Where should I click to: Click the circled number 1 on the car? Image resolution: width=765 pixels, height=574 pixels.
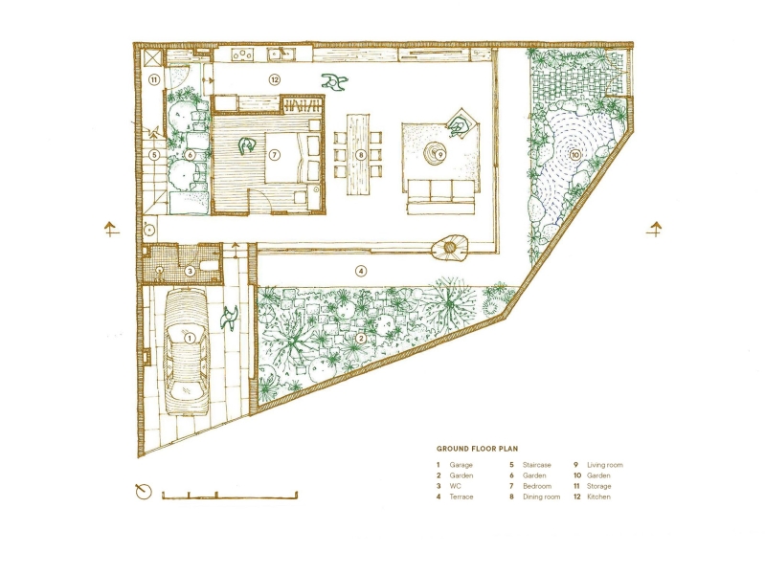pos(190,337)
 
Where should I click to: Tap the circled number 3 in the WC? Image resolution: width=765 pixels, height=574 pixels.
pos(190,272)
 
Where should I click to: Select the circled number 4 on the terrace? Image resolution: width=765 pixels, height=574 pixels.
pos(361,271)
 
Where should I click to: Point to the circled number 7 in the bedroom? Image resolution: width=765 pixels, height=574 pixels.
pos(274,154)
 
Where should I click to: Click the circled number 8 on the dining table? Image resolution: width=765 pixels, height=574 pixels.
pos(361,154)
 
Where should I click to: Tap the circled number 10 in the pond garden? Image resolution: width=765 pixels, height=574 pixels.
pos(575,153)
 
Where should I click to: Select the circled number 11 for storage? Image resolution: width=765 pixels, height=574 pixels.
pos(153,80)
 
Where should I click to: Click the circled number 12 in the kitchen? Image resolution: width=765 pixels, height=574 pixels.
pos(274,79)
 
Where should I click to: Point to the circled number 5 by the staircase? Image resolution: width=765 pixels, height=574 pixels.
pos(153,154)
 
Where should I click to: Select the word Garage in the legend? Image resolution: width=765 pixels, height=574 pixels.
pos(461,465)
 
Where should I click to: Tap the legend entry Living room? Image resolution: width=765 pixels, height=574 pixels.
pos(604,465)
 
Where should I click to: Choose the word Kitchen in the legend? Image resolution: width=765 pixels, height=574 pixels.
pos(598,497)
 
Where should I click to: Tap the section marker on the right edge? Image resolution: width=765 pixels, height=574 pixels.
pos(656,229)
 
